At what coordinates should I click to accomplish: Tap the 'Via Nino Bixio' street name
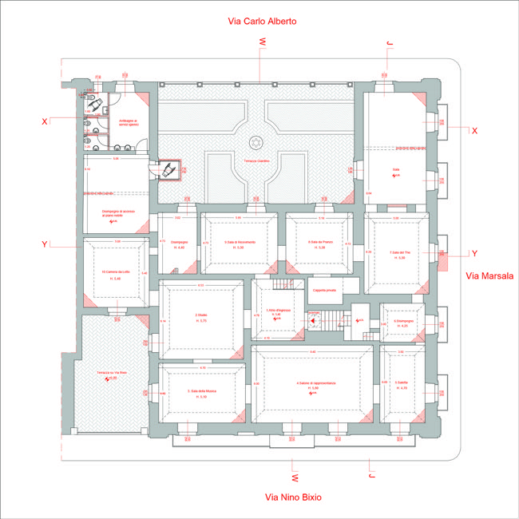pos(293,497)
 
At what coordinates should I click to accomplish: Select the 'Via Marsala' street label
pos(489,275)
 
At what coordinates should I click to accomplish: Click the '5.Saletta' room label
pos(402,383)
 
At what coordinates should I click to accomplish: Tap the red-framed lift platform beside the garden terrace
pos(168,170)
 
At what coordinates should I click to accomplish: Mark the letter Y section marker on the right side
pos(474,253)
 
